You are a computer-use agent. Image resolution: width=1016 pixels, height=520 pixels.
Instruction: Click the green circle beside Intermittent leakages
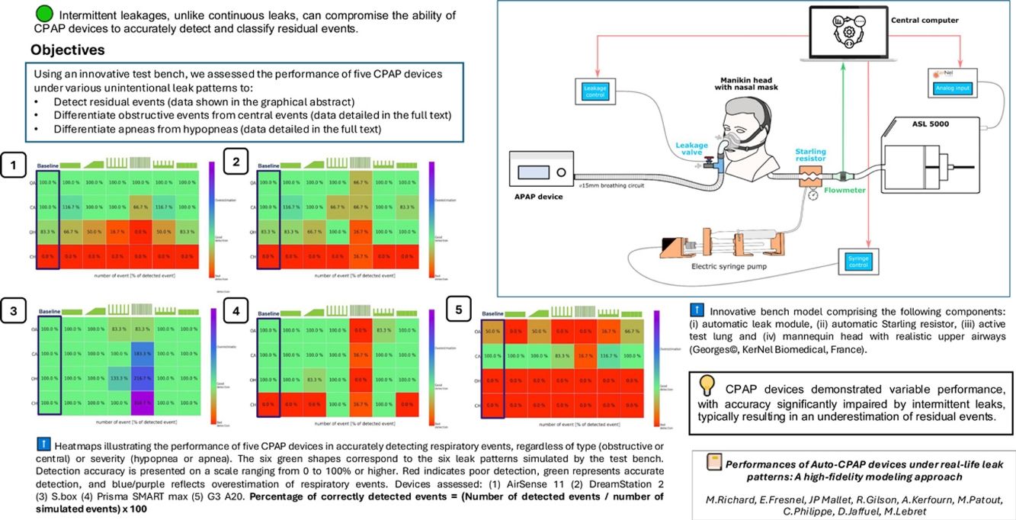pos(44,14)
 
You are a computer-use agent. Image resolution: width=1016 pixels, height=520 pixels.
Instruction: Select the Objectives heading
pos(67,50)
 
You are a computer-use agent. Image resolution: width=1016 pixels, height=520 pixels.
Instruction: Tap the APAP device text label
pos(538,196)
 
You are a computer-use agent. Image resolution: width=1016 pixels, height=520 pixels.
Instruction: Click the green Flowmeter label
pos(845,190)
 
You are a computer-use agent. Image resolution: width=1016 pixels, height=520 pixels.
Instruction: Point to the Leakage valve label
pos(691,149)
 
